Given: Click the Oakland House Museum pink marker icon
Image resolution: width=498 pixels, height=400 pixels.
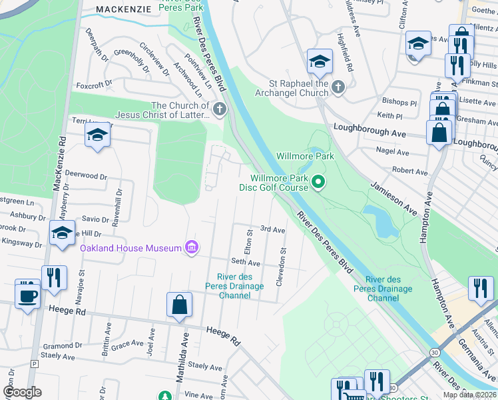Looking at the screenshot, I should pyautogui.click(x=192, y=248).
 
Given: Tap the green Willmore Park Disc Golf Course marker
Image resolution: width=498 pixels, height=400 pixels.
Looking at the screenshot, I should pyautogui.click(x=318, y=181).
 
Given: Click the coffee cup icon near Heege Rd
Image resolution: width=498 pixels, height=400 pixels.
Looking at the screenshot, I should pyautogui.click(x=27, y=295).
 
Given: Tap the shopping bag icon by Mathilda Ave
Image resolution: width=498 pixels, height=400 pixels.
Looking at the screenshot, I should pyautogui.click(x=179, y=305).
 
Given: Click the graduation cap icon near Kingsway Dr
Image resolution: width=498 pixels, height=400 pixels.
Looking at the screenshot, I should pyautogui.click(x=62, y=233).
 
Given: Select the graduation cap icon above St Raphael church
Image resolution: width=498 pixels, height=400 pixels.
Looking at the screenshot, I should pyautogui.click(x=320, y=62).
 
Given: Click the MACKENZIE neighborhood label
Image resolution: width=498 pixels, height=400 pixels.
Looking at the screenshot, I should pyautogui.click(x=124, y=9).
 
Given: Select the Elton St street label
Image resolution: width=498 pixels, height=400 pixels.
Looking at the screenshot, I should pyautogui.click(x=249, y=241).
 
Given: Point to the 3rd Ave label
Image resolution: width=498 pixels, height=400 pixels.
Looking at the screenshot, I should pyautogui.click(x=272, y=229).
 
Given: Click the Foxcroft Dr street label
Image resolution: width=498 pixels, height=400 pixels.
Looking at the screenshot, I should pyautogui.click(x=94, y=85).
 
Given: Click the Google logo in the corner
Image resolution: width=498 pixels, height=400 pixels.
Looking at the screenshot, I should pyautogui.click(x=23, y=392).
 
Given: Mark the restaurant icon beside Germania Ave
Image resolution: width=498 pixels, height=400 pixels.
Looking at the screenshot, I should pyautogui.click(x=479, y=287).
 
